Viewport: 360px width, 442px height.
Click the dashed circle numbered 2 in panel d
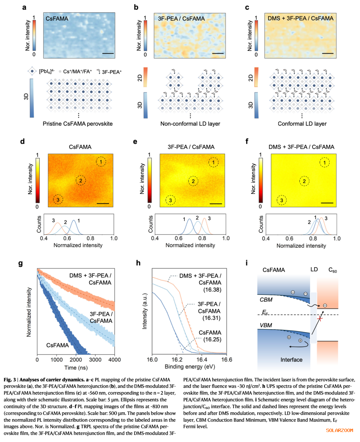point(81,180)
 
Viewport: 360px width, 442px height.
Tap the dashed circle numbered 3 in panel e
point(171,200)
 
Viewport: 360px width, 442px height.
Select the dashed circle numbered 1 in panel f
point(325,162)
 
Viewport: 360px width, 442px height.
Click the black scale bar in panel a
point(108,53)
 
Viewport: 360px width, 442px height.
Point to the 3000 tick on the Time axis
point(95,360)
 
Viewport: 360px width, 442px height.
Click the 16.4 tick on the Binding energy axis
point(202,360)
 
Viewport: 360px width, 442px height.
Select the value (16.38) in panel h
point(212,290)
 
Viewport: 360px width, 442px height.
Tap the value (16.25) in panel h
point(212,339)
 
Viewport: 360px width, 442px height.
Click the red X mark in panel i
point(320,318)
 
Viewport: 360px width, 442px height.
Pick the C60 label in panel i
point(332,270)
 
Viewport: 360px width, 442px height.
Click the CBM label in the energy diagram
point(266,300)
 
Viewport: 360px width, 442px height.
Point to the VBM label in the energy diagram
point(266,325)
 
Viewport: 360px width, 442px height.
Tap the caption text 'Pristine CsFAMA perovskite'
point(78,124)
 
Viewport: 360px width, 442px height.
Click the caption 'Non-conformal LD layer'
point(190,124)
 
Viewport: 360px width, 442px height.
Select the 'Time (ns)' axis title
point(76,368)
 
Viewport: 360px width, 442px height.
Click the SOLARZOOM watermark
point(339,430)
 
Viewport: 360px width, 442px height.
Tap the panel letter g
point(21,264)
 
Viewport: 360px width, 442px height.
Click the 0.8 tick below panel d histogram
point(90,239)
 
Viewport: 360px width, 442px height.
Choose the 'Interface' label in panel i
point(291,360)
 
